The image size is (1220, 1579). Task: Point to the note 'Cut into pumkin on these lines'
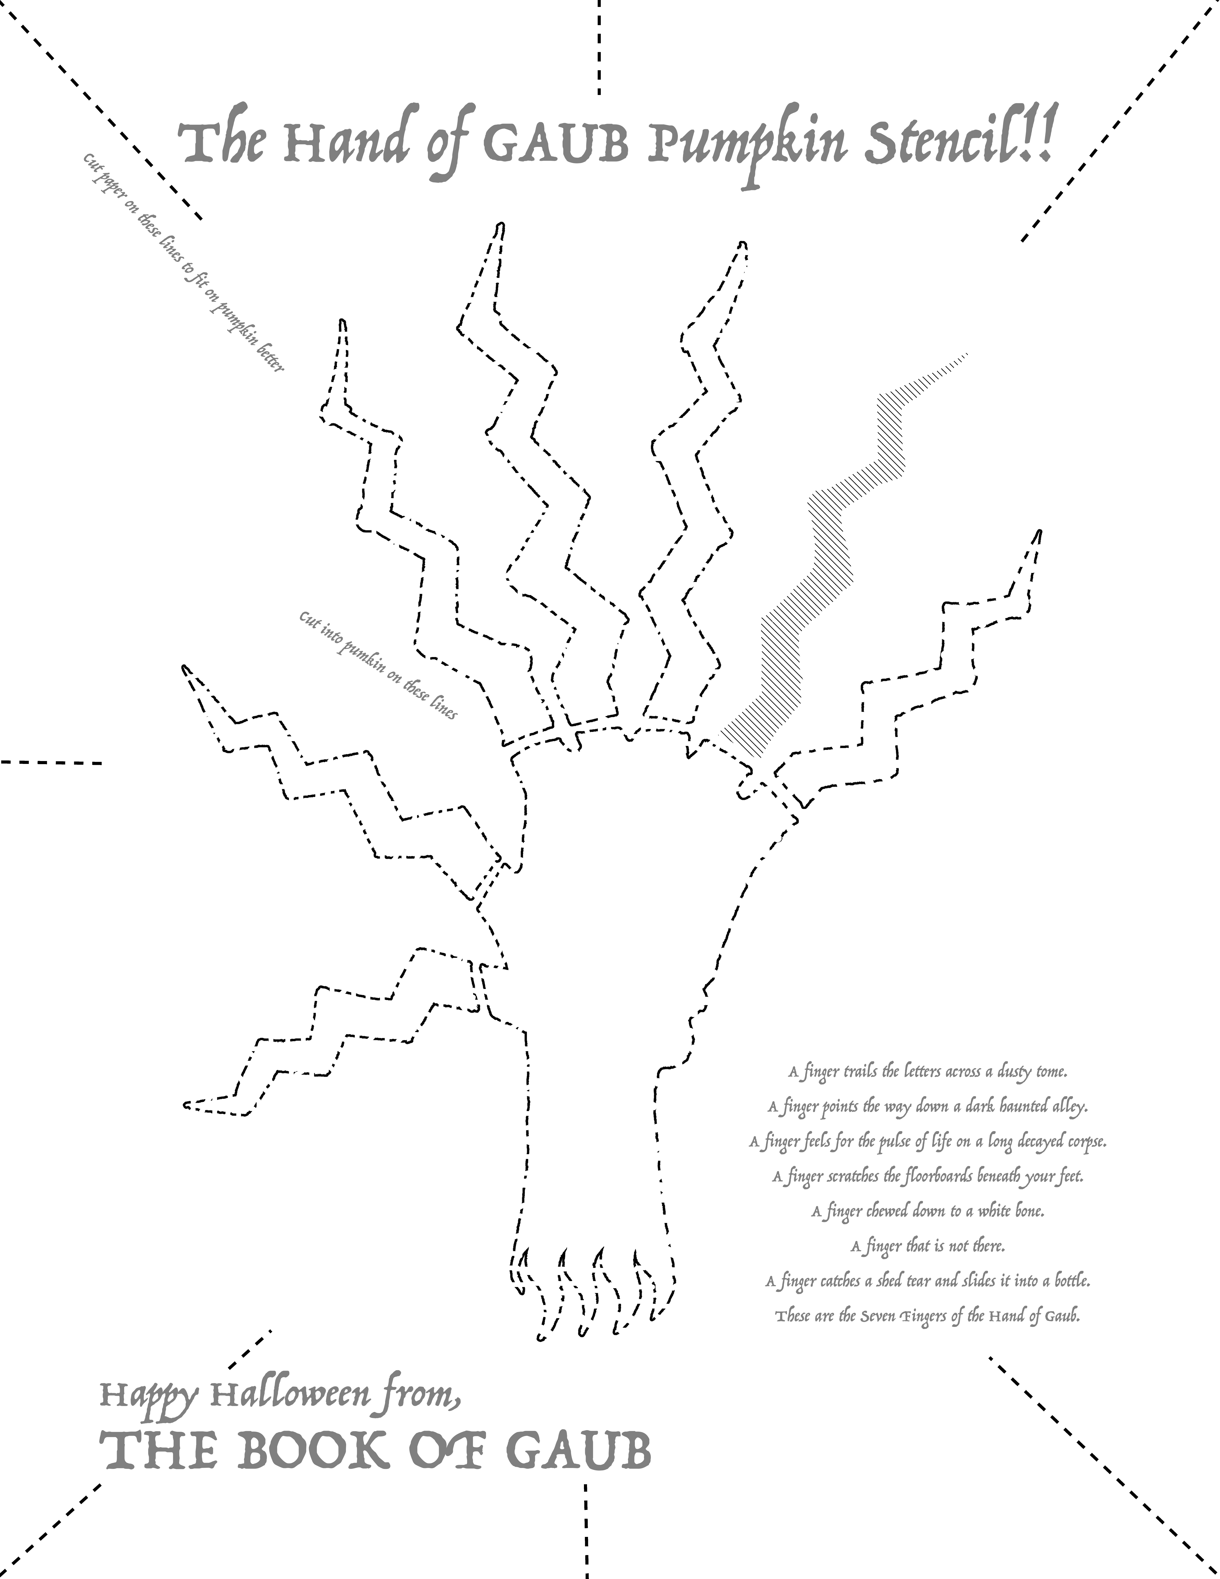(378, 665)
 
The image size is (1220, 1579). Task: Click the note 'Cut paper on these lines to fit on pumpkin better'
(184, 262)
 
